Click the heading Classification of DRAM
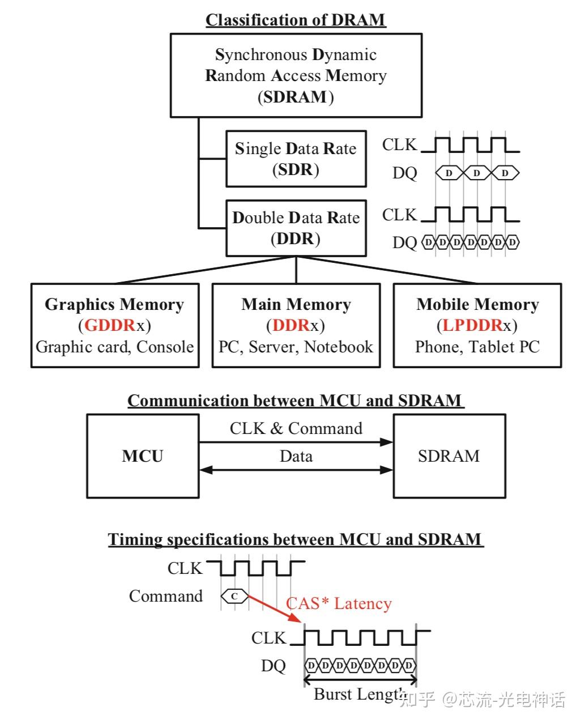click(x=295, y=20)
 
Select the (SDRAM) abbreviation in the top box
click(x=296, y=97)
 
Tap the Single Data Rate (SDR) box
click(x=296, y=159)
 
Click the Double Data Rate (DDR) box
click(x=296, y=228)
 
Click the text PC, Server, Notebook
click(x=296, y=347)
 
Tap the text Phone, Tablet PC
click(x=477, y=347)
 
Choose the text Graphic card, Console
click(x=115, y=347)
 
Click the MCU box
click(x=142, y=456)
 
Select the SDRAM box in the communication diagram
click(x=449, y=456)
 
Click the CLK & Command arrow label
click(x=296, y=428)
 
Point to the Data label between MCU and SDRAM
click(x=296, y=456)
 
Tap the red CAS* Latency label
click(x=339, y=604)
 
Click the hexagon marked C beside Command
click(x=234, y=596)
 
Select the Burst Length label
click(x=359, y=695)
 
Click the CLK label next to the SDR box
click(x=399, y=145)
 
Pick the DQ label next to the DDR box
click(x=404, y=242)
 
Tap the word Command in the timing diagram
click(x=165, y=596)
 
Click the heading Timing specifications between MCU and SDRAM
click(x=295, y=539)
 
